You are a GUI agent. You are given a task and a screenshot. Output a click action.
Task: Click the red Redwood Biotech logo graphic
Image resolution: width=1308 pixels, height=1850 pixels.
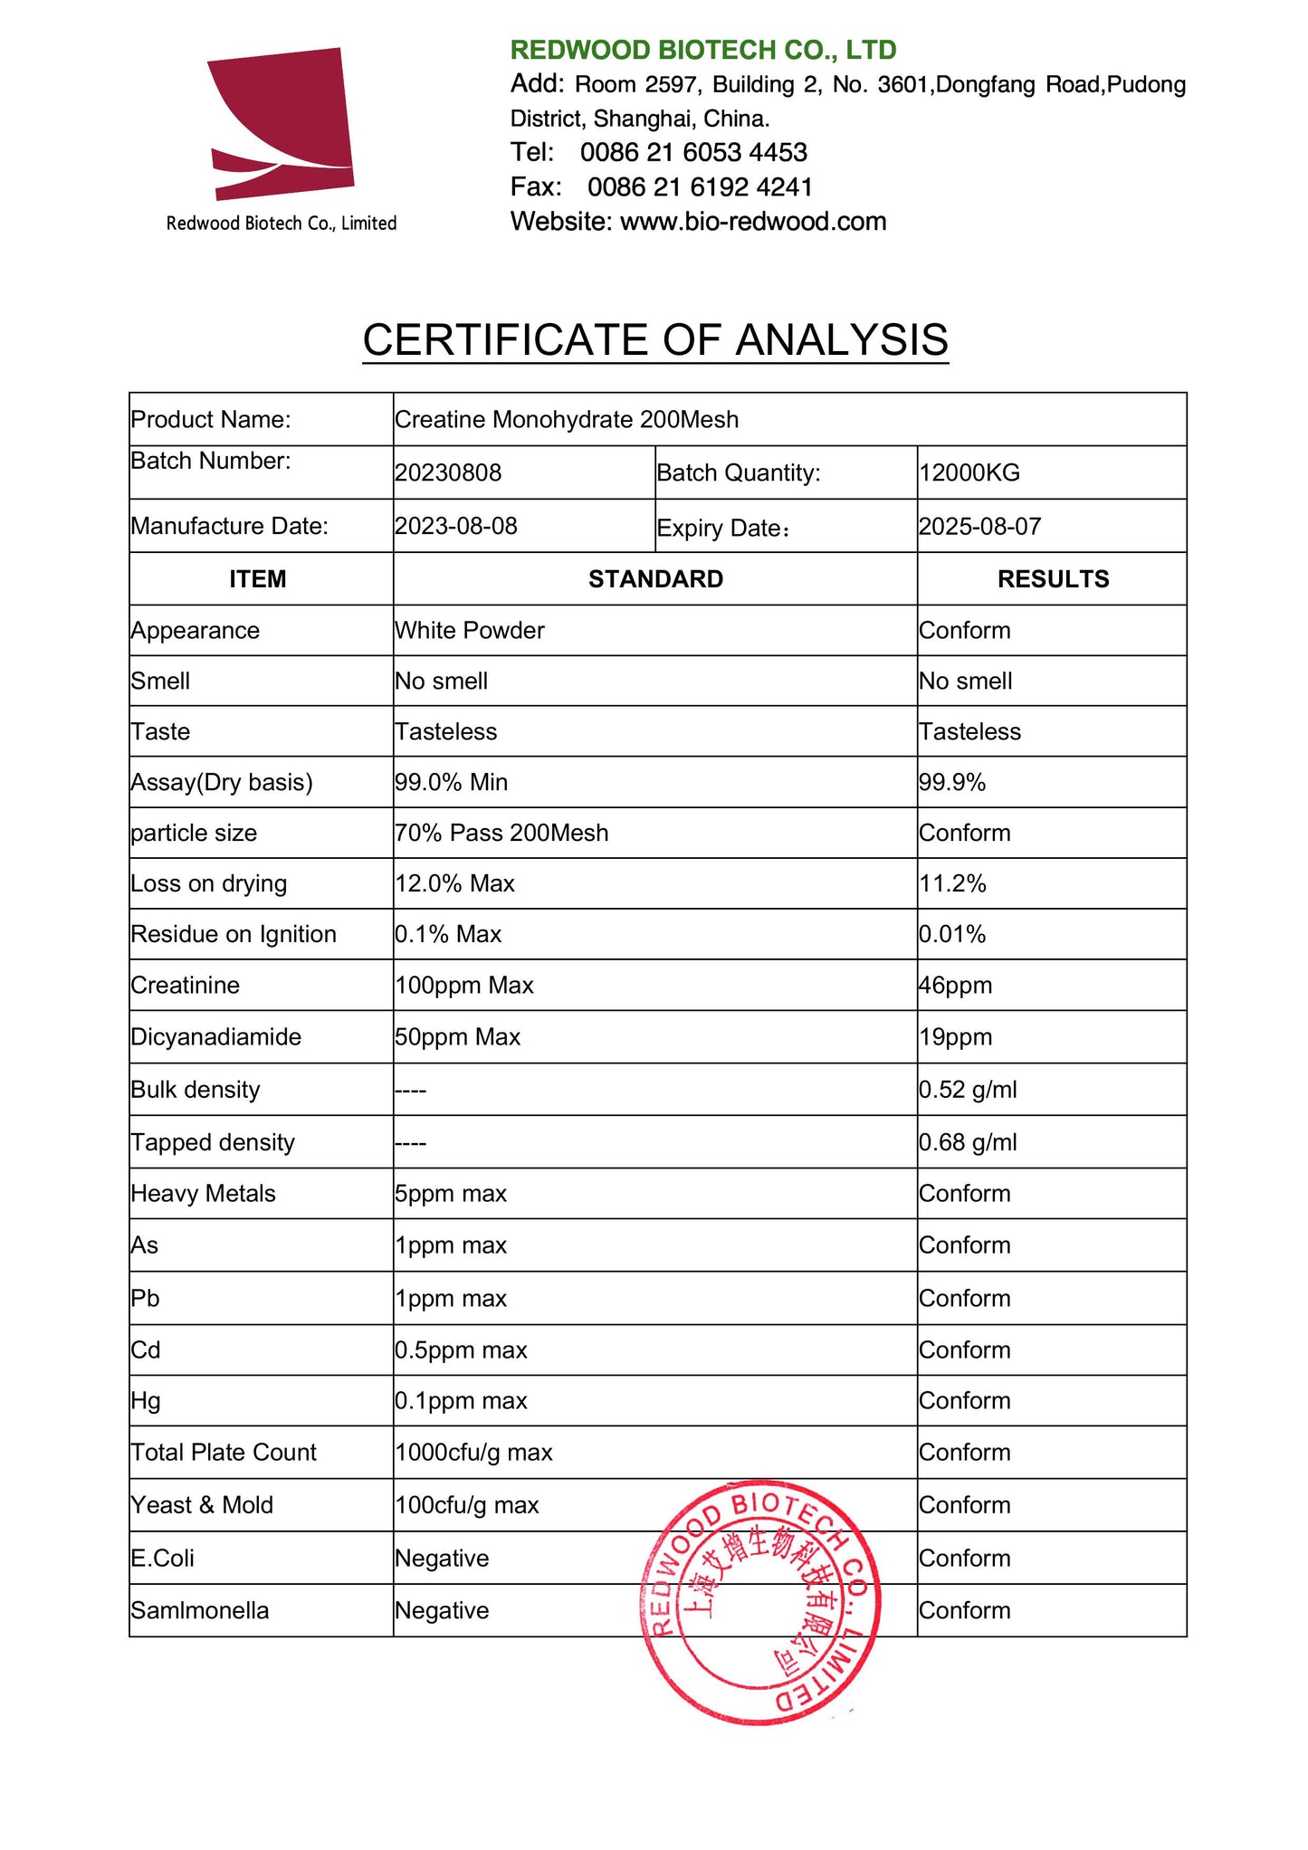(x=281, y=123)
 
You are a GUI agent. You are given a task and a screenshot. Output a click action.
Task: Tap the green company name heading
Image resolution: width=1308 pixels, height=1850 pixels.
(x=702, y=50)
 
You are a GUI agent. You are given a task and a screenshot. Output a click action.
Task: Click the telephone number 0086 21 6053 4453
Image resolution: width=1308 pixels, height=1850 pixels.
(x=693, y=152)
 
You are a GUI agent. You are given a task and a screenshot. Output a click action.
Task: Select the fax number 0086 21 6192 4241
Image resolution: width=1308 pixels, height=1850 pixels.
(x=700, y=186)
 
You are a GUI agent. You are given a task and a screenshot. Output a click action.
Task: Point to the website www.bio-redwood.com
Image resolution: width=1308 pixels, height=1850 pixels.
(x=753, y=222)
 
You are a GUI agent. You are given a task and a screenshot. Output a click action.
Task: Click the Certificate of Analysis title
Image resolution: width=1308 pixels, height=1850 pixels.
(x=655, y=340)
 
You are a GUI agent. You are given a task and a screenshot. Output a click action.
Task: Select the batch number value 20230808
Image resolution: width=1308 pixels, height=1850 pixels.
(x=448, y=472)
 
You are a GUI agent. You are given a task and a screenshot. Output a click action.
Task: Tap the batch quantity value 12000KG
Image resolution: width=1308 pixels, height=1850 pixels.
(x=969, y=472)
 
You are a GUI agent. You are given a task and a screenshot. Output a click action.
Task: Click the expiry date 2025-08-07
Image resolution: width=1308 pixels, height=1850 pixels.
(x=979, y=527)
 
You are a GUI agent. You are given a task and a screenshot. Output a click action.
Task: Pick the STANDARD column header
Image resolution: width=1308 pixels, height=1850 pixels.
(x=655, y=579)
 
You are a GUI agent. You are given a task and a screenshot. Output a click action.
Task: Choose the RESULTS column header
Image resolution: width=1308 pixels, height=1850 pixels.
(x=1053, y=579)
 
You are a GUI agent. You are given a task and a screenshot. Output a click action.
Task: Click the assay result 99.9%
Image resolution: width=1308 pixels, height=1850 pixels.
(x=952, y=782)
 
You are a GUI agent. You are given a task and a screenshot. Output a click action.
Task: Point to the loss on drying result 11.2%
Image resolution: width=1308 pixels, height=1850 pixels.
(x=952, y=883)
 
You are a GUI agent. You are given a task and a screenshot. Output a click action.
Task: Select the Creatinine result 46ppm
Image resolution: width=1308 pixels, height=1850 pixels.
(x=955, y=985)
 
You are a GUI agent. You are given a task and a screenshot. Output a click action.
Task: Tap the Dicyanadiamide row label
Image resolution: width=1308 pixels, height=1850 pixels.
(x=216, y=1036)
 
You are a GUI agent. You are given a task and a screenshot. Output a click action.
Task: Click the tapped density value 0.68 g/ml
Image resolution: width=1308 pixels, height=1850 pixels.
(x=968, y=1142)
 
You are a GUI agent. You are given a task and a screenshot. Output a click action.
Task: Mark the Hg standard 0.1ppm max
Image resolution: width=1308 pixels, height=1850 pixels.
(x=461, y=1400)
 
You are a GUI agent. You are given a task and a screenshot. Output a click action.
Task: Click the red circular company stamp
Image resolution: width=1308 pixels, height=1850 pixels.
(x=759, y=1601)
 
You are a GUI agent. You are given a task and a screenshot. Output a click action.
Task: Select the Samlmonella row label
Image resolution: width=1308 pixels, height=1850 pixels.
(x=200, y=1610)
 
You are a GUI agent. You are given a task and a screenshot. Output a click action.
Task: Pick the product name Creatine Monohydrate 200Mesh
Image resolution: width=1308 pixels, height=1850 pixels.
(x=567, y=420)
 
